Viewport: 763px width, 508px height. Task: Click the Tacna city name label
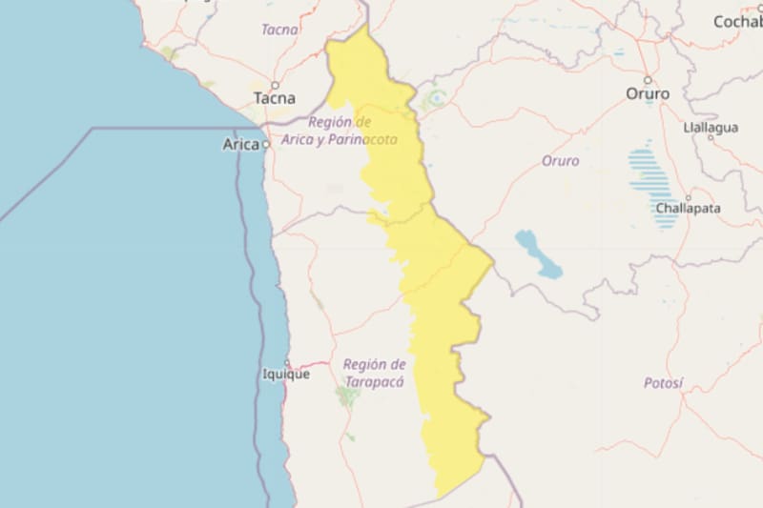[274, 98]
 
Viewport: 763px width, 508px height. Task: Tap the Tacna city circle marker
[275, 85]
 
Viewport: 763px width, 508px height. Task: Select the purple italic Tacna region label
[279, 30]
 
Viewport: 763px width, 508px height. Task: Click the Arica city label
[240, 145]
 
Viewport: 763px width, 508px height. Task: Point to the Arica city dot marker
[267, 145]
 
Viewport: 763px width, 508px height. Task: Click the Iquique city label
[285, 375]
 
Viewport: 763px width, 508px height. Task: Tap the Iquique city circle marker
[287, 362]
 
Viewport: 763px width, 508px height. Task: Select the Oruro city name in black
[648, 93]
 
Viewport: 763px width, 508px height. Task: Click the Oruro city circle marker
[648, 80]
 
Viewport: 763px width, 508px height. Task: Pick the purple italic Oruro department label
[560, 161]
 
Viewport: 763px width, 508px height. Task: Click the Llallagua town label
[711, 127]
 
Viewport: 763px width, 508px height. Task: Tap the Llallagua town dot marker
[711, 138]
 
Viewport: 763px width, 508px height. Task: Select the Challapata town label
[689, 208]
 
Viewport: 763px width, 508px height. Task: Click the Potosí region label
[663, 383]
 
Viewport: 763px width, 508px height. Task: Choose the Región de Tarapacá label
[374, 373]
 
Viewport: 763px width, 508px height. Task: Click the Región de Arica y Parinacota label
[352, 131]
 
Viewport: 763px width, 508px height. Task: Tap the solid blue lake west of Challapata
[539, 254]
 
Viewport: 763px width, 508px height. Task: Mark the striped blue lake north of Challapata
[652, 181]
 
